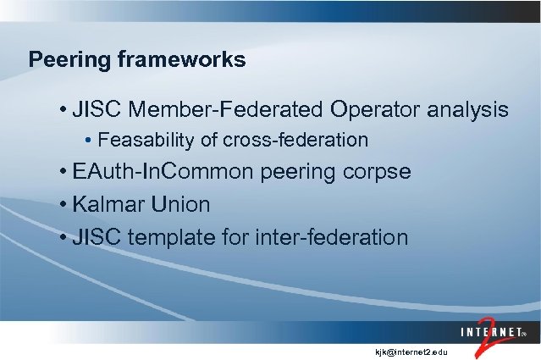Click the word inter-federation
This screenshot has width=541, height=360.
point(329,238)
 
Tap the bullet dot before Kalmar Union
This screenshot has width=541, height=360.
point(64,206)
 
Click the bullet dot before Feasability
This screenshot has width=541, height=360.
point(91,140)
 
